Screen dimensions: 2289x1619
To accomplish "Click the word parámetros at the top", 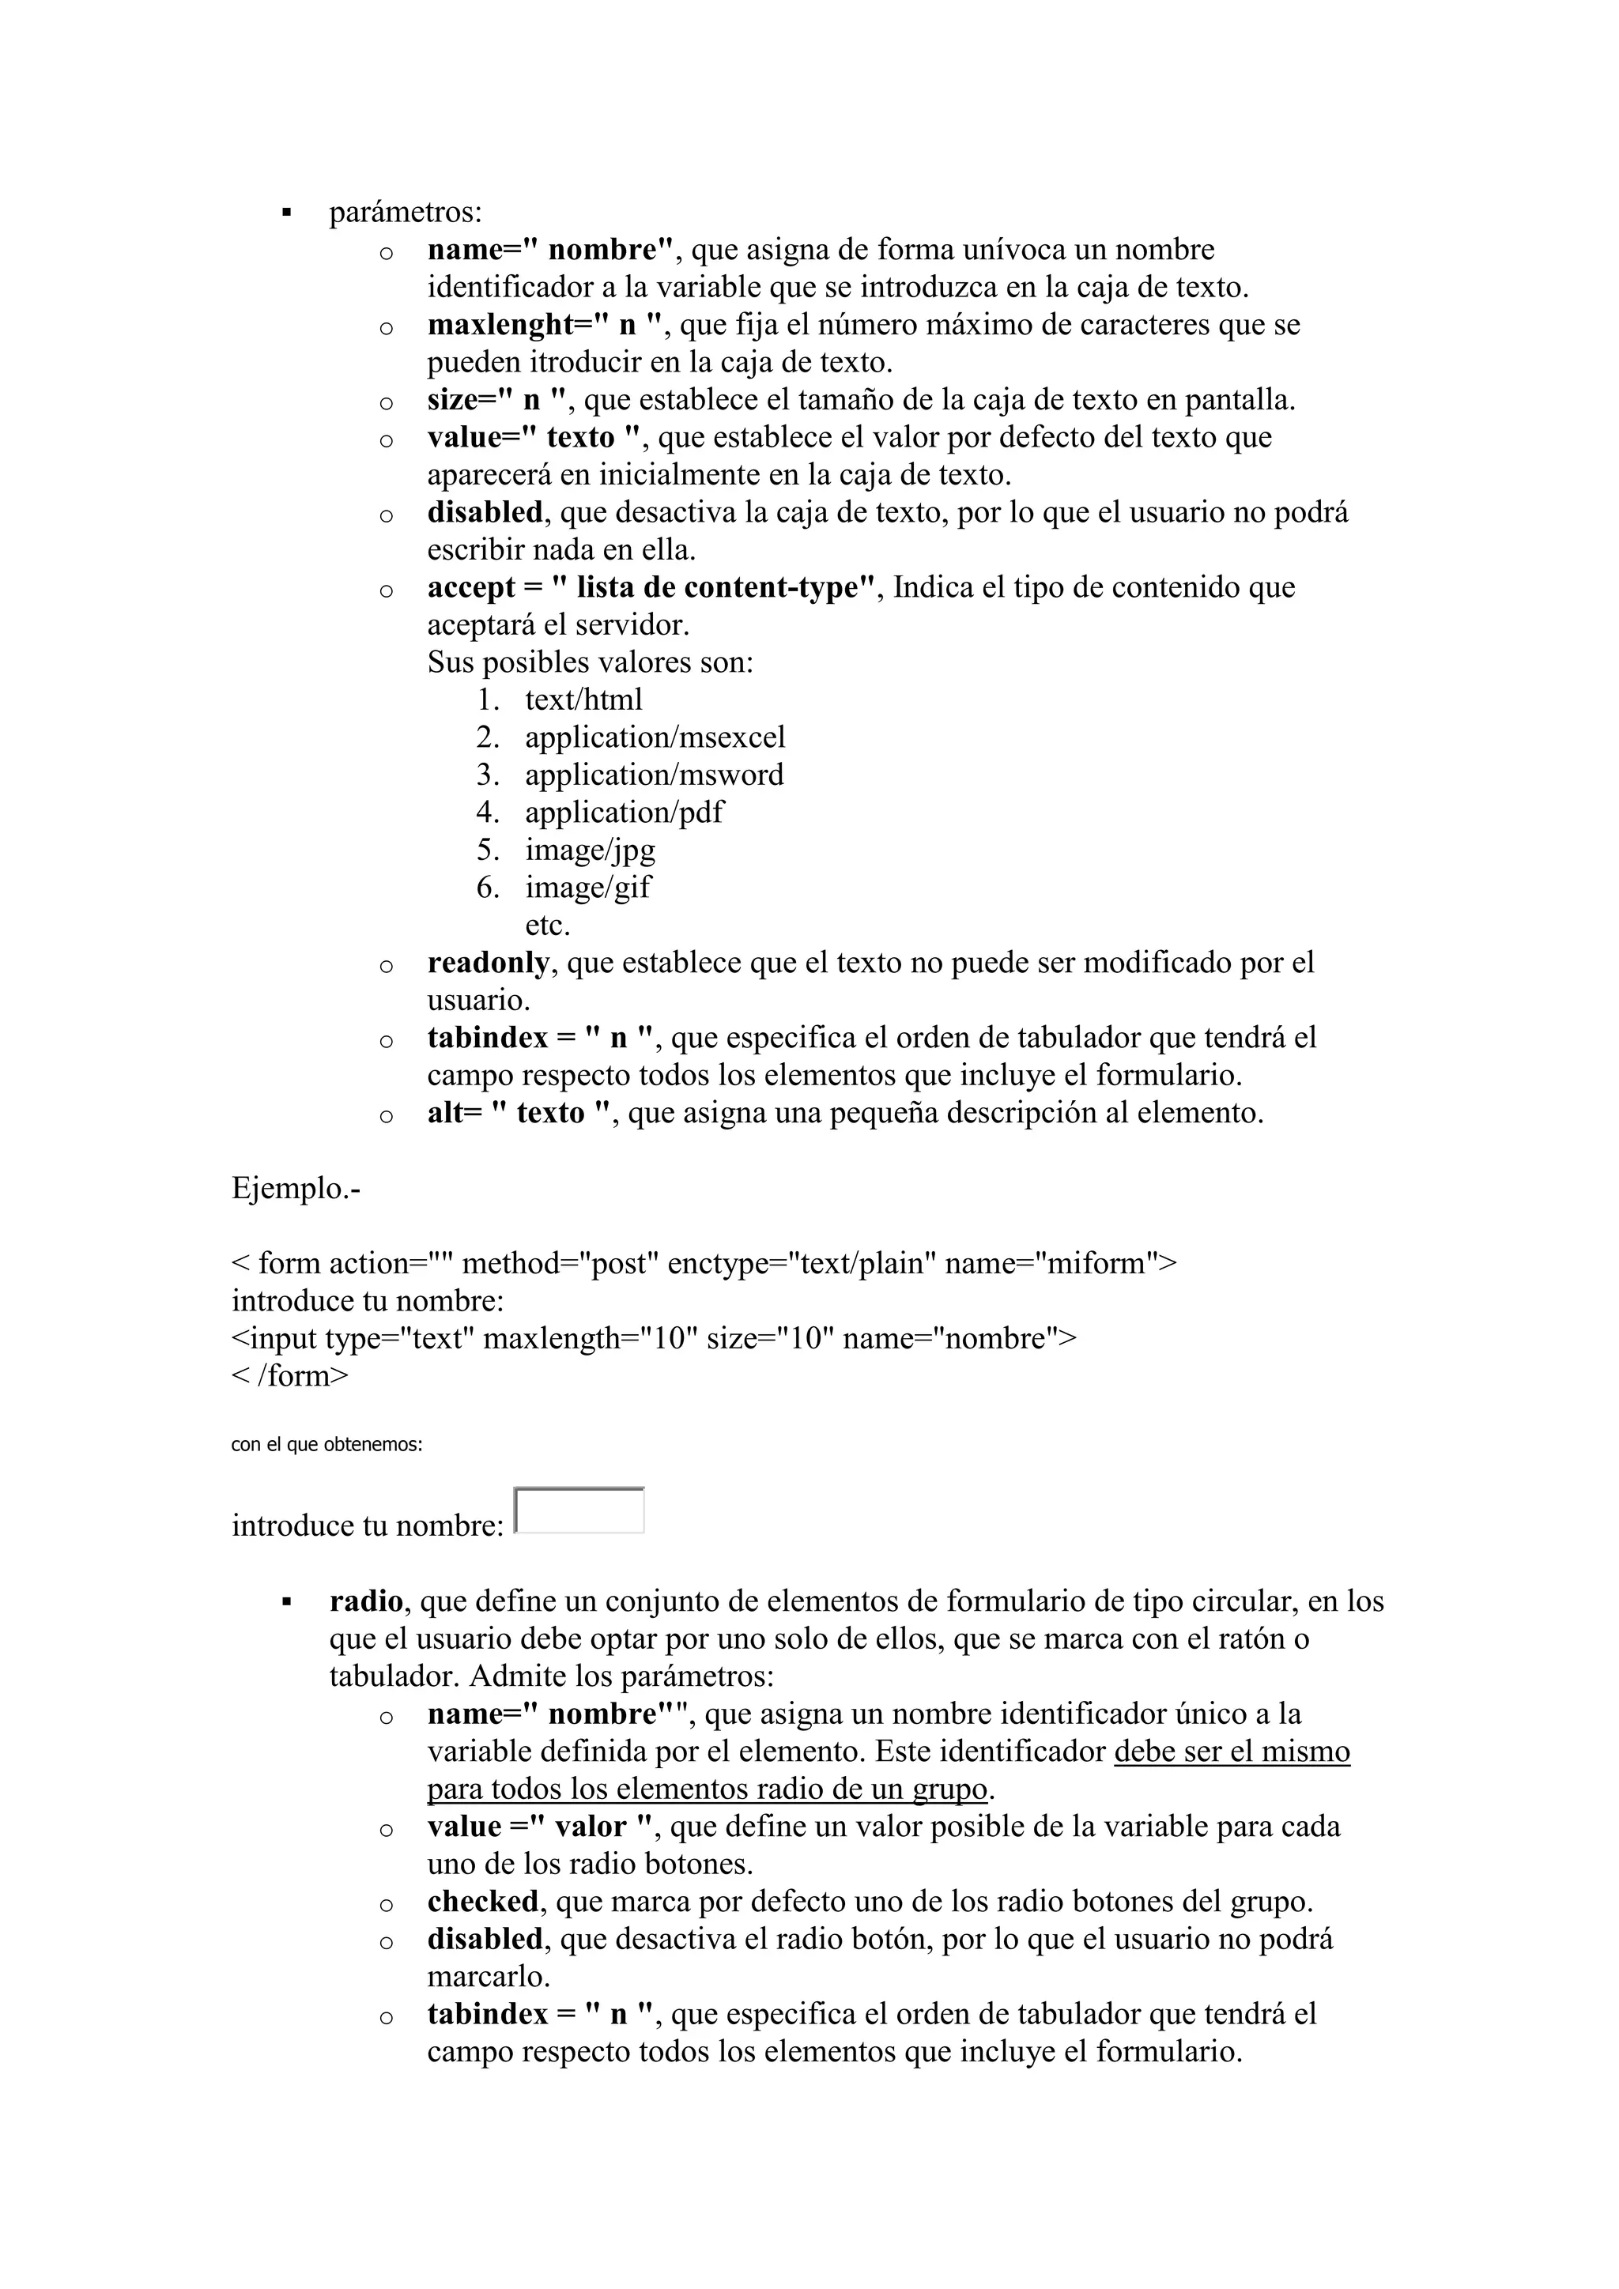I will click(405, 213).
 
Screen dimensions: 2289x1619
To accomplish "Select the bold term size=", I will click(466, 401).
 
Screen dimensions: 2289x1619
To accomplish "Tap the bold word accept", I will click(470, 588).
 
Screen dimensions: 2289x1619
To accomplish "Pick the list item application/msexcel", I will click(655, 737).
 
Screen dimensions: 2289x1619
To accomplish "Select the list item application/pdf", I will click(624, 813).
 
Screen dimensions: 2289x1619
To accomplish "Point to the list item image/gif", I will click(588, 888).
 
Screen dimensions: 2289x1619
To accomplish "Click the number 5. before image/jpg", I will click(488, 850).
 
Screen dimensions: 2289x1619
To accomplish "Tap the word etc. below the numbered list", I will click(547, 926).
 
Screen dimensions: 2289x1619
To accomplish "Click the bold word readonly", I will click(488, 963).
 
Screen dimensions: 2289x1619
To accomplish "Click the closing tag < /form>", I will click(290, 1377).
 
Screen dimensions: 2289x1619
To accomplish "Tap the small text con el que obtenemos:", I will click(326, 1445).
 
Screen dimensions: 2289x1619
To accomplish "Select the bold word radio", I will click(366, 1602).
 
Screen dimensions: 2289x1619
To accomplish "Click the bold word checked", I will click(482, 1902).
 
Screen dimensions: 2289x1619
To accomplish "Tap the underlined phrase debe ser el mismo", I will click(1231, 1752).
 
